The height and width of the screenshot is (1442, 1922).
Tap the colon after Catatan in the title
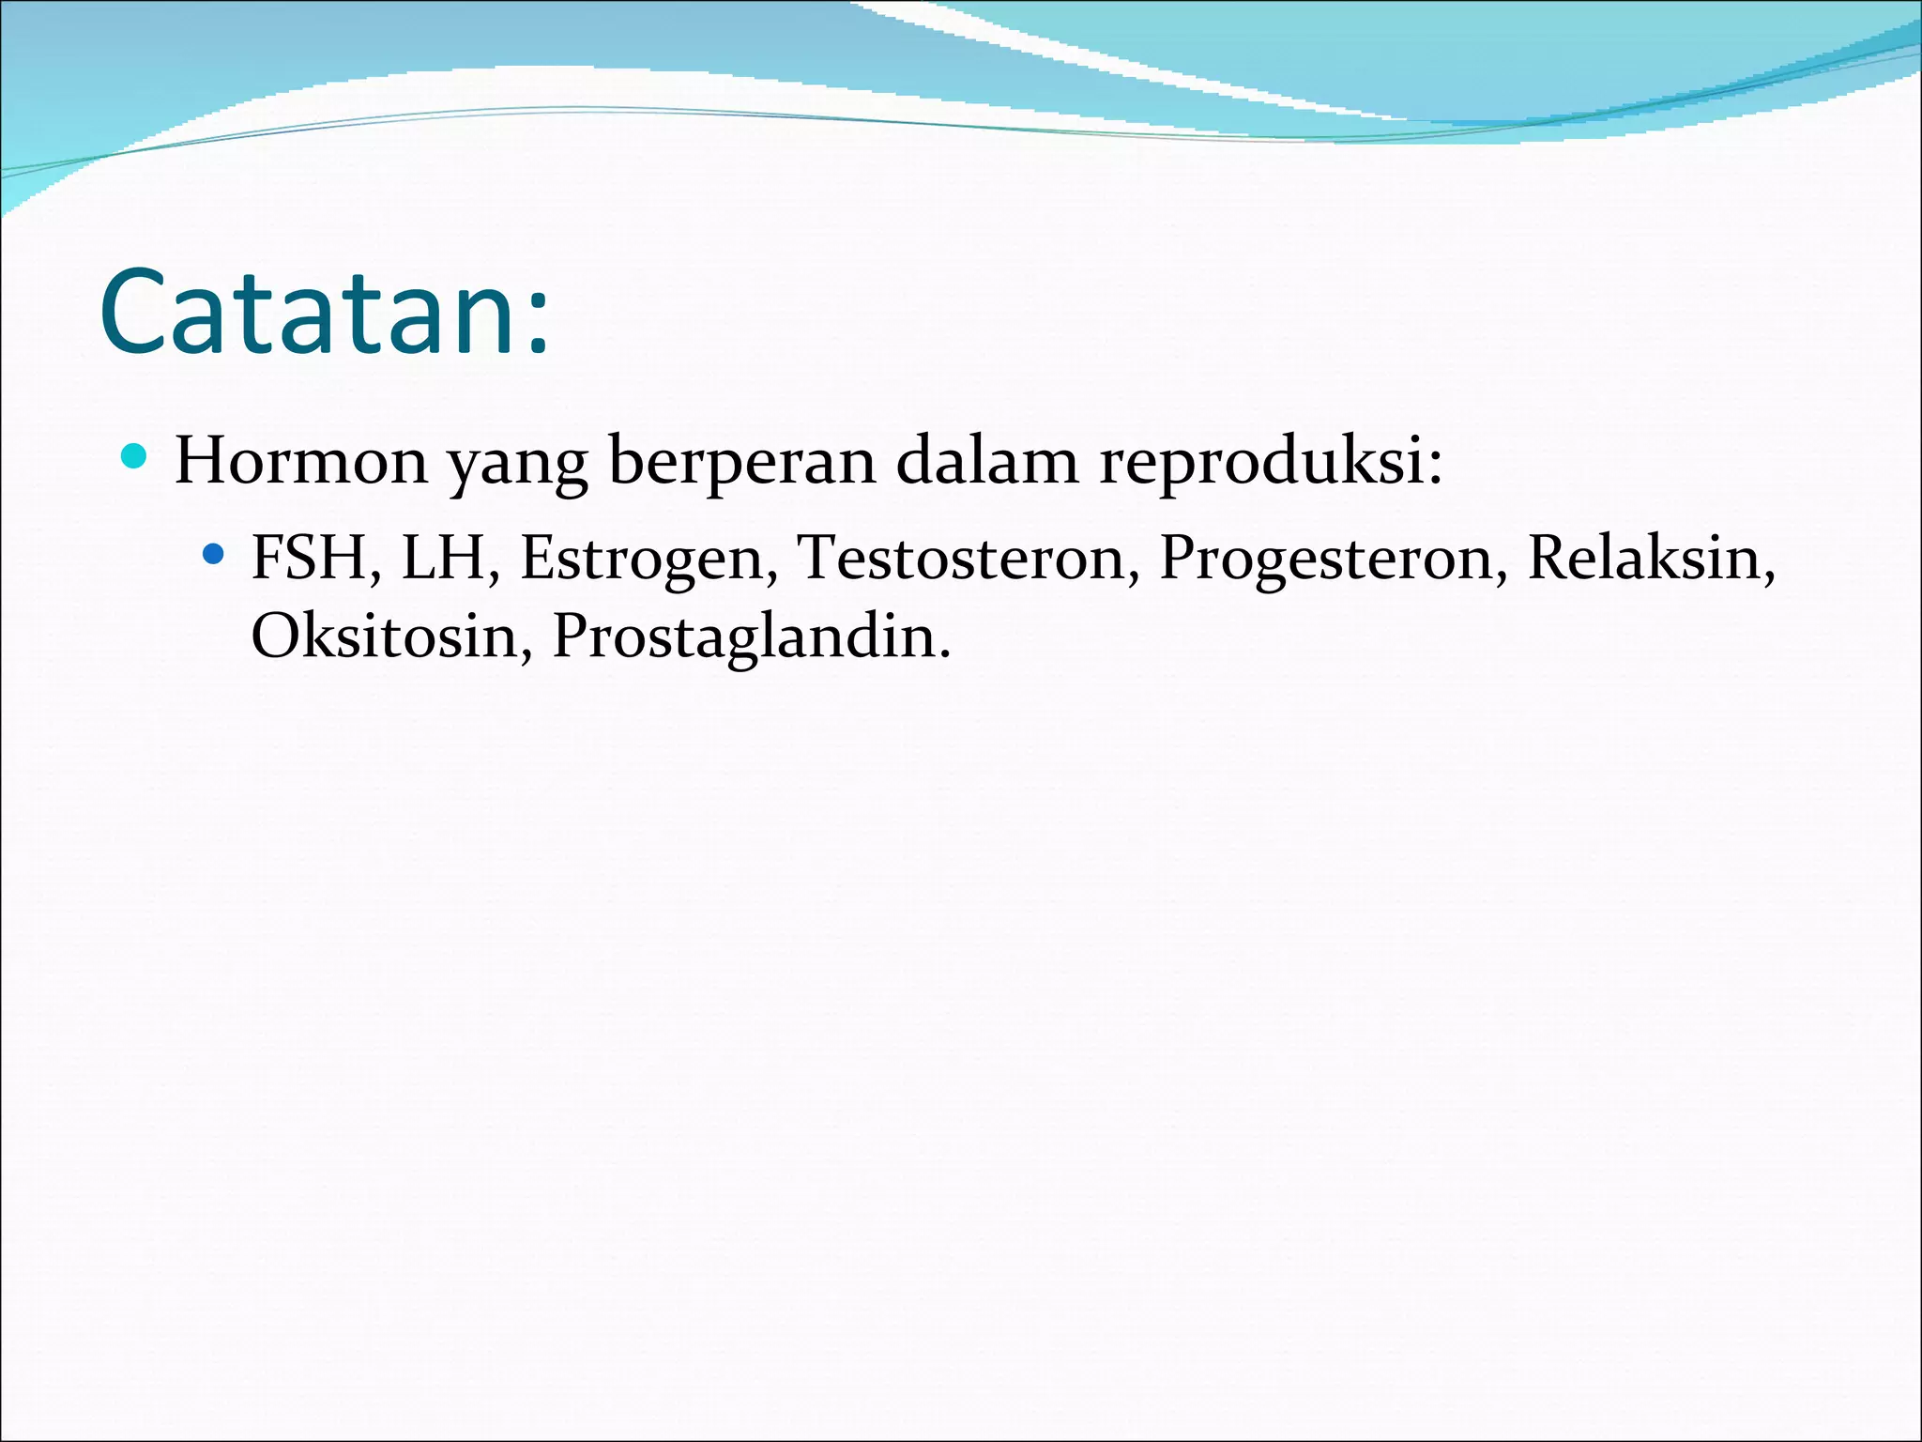[x=538, y=324]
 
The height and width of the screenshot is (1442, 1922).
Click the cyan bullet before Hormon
[x=135, y=457]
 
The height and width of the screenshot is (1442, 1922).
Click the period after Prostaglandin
[x=944, y=653]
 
